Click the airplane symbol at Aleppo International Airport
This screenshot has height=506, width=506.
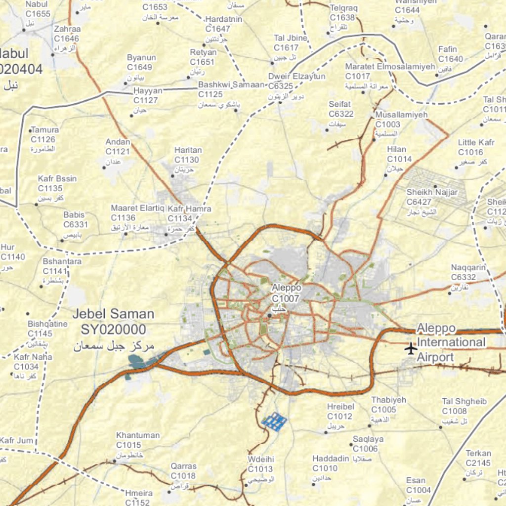click(x=411, y=348)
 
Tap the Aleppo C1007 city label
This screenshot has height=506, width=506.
click(x=286, y=293)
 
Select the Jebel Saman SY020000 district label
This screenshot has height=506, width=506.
click(x=114, y=322)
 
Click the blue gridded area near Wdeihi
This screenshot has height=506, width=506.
click(x=274, y=422)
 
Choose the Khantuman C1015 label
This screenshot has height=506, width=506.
click(x=138, y=440)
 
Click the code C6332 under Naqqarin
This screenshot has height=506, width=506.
click(x=464, y=278)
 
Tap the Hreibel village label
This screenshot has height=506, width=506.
click(x=341, y=407)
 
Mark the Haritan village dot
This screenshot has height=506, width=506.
click(x=173, y=176)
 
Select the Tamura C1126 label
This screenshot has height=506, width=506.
click(x=44, y=135)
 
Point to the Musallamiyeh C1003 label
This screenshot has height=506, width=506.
click(x=401, y=120)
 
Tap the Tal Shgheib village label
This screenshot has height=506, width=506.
click(x=464, y=402)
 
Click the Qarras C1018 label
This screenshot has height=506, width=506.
click(x=183, y=471)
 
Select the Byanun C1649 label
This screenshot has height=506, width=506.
click(x=141, y=62)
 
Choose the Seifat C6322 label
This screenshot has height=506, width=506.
click(x=340, y=109)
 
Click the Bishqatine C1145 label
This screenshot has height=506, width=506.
click(x=47, y=329)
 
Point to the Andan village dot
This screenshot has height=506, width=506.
click(x=104, y=168)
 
